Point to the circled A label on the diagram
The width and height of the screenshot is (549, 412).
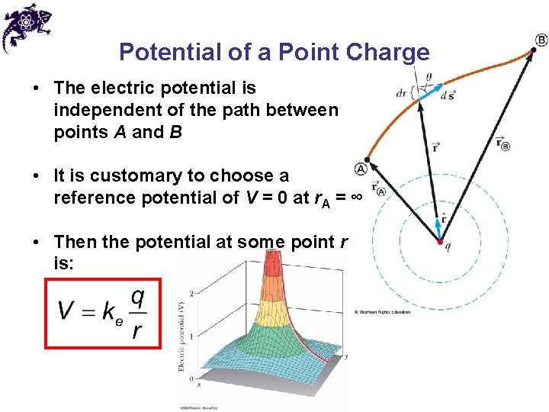[361, 169]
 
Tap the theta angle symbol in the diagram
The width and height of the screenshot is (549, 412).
[428, 77]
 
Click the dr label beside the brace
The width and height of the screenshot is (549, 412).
[401, 94]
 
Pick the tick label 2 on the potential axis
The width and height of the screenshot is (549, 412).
[191, 293]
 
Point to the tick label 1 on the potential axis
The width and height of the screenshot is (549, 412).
[191, 336]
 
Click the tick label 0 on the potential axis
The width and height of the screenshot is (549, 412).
[191, 378]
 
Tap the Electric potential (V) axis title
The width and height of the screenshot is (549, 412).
[181, 336]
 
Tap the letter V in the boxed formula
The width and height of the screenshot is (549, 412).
[67, 311]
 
